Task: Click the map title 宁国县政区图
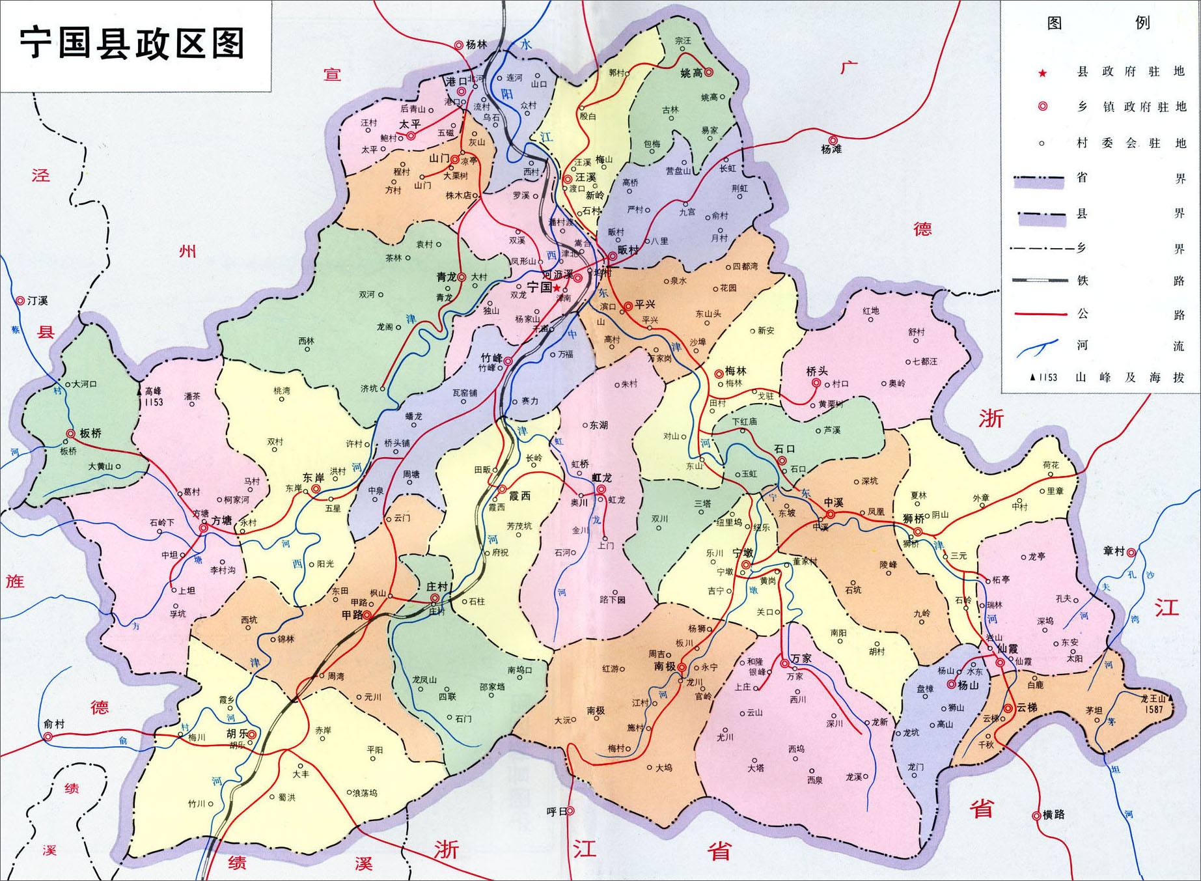click(133, 44)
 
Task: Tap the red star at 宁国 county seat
click(557, 287)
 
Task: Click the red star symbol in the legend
click(1042, 73)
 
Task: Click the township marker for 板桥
click(70, 434)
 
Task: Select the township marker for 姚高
click(709, 73)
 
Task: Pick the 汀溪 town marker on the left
click(20, 301)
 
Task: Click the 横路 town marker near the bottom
click(1036, 815)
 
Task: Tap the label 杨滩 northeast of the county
click(831, 149)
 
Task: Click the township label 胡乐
click(237, 733)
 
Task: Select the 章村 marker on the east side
click(1131, 552)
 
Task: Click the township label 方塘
click(221, 521)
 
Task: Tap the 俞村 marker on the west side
click(48, 736)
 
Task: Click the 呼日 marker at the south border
click(570, 811)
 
